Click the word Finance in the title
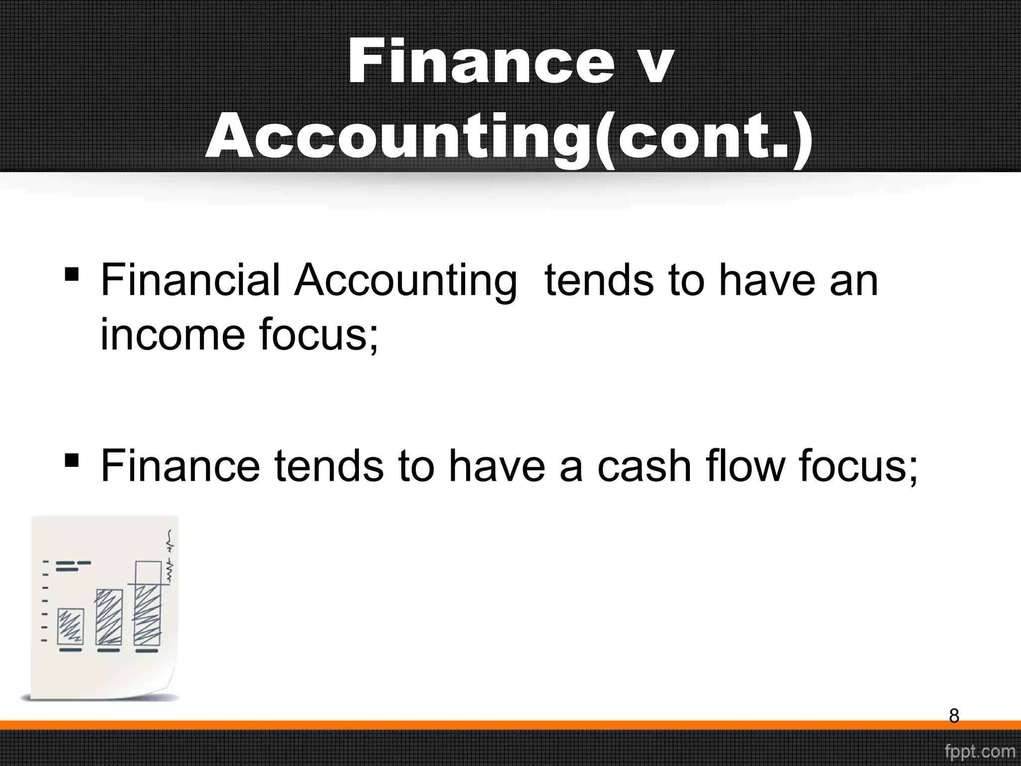coord(481,64)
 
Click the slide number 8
coord(954,716)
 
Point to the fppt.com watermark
coord(980,751)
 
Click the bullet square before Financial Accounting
coord(72,274)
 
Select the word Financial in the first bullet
coord(190,280)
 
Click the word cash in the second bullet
coord(644,466)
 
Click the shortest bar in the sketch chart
coord(70,626)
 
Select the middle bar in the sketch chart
coord(109,617)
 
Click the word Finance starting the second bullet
coord(180,466)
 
